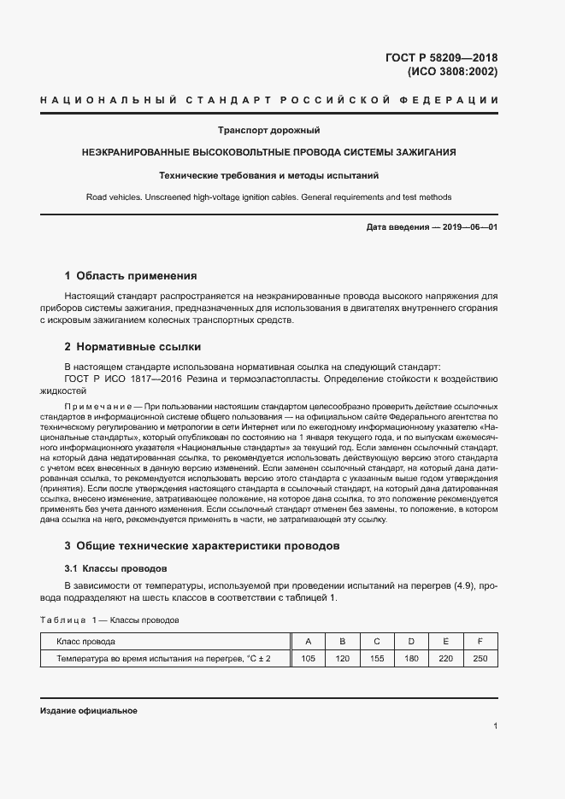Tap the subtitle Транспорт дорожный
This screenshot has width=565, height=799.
click(269, 130)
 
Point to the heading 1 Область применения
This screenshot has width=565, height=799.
click(131, 276)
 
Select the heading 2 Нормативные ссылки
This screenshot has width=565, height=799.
click(132, 347)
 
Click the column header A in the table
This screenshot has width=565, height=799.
click(308, 641)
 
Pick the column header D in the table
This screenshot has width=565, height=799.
click(410, 641)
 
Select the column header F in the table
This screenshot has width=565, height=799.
click(480, 641)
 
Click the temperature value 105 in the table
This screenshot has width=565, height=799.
click(308, 658)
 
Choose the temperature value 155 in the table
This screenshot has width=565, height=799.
click(376, 658)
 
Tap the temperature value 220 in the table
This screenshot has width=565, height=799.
click(445, 658)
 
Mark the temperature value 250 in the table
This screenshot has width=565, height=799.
click(480, 658)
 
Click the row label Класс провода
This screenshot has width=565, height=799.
click(85, 641)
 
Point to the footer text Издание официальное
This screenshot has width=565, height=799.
click(88, 711)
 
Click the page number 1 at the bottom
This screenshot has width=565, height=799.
click(495, 726)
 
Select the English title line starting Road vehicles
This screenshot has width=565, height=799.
click(269, 197)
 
